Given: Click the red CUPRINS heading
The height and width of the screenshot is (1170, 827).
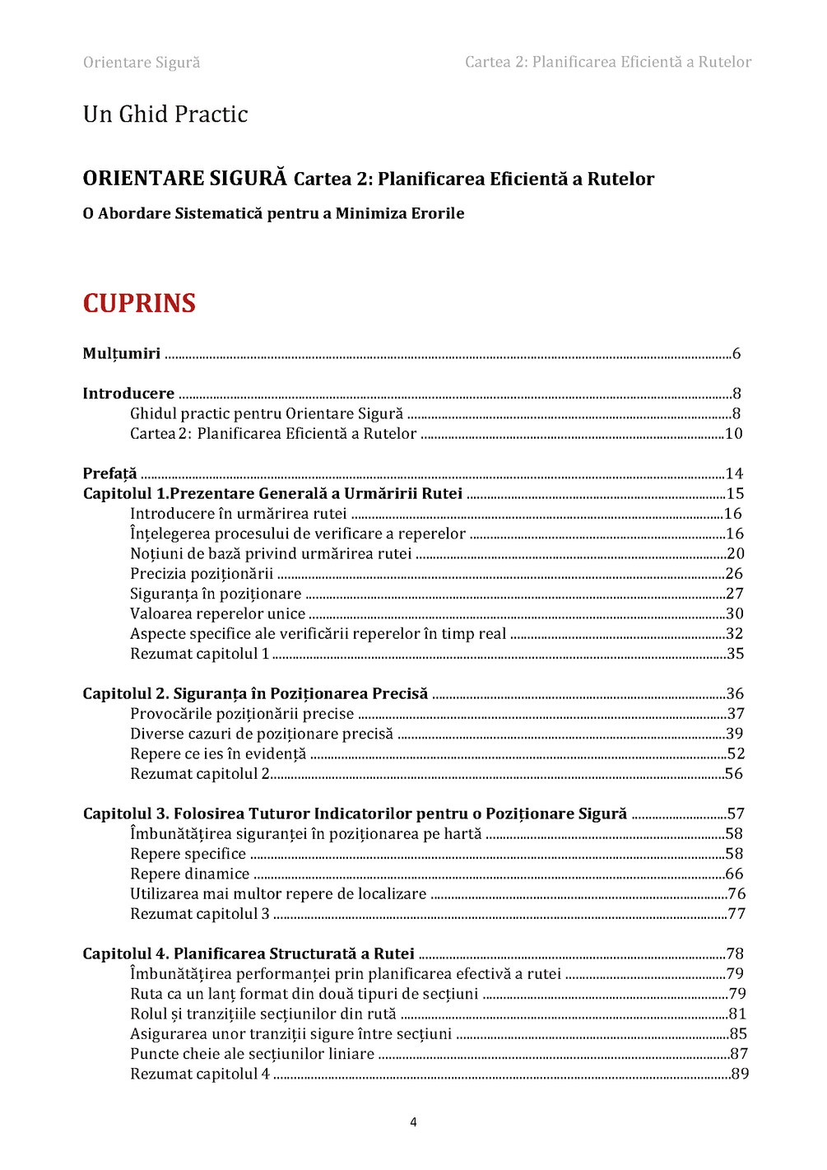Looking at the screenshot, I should click(x=139, y=303).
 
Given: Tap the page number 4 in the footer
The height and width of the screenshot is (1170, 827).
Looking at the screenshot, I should click(x=413, y=1121).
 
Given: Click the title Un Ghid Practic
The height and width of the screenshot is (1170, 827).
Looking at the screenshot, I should click(x=165, y=114).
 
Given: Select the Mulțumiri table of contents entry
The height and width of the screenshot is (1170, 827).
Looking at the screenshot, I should click(x=122, y=353).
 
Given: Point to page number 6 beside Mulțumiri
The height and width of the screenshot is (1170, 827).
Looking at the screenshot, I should click(x=736, y=353).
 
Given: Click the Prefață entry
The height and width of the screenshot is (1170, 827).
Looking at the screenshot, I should click(x=109, y=473).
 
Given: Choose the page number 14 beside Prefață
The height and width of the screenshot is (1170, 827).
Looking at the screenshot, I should click(x=734, y=473).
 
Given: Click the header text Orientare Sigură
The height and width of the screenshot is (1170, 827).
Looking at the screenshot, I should click(x=142, y=63).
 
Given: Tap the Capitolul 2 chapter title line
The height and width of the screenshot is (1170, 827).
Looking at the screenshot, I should click(x=255, y=693).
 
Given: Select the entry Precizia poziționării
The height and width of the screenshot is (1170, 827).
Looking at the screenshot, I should click(x=202, y=573).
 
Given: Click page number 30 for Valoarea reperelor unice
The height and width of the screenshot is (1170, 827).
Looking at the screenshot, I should click(x=735, y=613).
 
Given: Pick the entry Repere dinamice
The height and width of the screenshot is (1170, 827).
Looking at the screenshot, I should click(x=189, y=874).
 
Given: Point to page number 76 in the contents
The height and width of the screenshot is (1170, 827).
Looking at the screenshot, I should click(x=736, y=893).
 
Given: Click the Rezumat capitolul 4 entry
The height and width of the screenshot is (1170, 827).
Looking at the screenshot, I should click(x=200, y=1074).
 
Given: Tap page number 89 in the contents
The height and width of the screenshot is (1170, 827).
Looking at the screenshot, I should click(x=740, y=1074).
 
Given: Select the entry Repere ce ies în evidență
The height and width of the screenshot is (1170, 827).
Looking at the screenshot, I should click(x=218, y=753).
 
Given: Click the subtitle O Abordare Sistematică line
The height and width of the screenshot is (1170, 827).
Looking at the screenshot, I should click(x=273, y=213).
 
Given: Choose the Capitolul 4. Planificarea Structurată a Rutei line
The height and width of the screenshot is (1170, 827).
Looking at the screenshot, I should click(x=249, y=953).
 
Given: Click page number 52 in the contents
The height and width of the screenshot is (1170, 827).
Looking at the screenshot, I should click(x=736, y=753).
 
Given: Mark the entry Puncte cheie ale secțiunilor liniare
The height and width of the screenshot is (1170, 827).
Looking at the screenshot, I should click(x=252, y=1054).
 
